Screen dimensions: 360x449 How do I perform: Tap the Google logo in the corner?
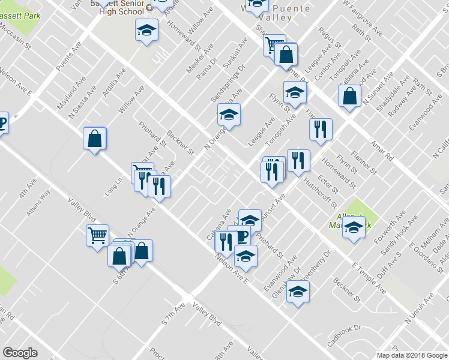tap(20, 352)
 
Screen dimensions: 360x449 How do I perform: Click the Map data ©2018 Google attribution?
tap(411, 355)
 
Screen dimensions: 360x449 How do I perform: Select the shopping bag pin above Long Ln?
tap(95, 139)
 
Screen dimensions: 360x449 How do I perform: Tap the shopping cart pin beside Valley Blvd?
tap(97, 235)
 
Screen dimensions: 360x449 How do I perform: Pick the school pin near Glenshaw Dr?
tap(297, 293)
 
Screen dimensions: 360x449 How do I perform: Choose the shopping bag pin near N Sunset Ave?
tap(349, 96)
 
